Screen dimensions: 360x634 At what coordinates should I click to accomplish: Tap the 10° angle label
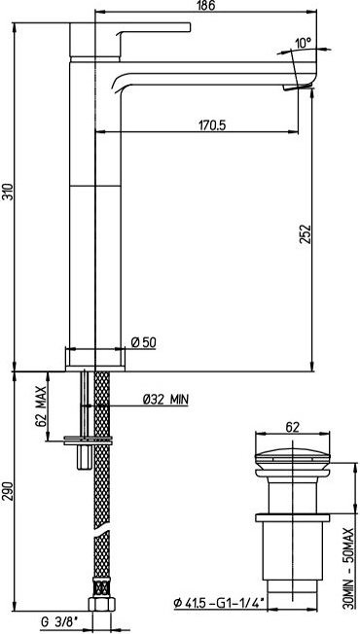[x=303, y=43]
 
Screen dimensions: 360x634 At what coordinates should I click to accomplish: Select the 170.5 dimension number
[x=212, y=125]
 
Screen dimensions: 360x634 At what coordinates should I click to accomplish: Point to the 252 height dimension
[x=306, y=233]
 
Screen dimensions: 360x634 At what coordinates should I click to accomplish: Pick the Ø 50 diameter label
[x=144, y=343]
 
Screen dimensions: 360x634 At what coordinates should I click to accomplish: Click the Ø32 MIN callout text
[x=165, y=400]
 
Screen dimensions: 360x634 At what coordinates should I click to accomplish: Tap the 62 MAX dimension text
[x=41, y=405]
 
